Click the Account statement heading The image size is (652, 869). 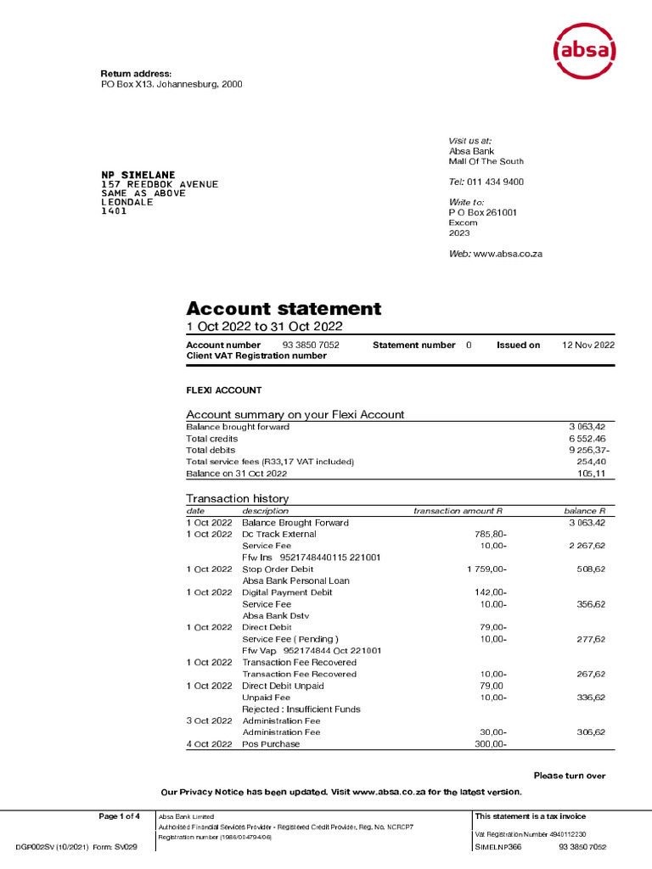point(284,309)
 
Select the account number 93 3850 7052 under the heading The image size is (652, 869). point(310,345)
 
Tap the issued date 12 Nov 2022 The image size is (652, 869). point(588,345)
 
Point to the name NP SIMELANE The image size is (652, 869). point(139,175)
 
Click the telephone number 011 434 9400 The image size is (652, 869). point(495,182)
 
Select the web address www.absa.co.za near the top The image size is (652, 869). point(507,255)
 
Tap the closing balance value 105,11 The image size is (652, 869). point(590,474)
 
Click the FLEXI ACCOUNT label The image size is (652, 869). point(224,390)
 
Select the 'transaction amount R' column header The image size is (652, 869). point(458,511)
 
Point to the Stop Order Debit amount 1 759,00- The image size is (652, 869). point(486,569)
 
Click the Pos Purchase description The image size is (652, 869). point(271,744)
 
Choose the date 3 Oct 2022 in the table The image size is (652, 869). point(209,720)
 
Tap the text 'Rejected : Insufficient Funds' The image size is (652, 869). point(301,709)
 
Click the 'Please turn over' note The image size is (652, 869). point(569,776)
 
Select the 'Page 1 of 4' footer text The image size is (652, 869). point(119,816)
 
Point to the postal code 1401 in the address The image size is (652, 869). point(114,211)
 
